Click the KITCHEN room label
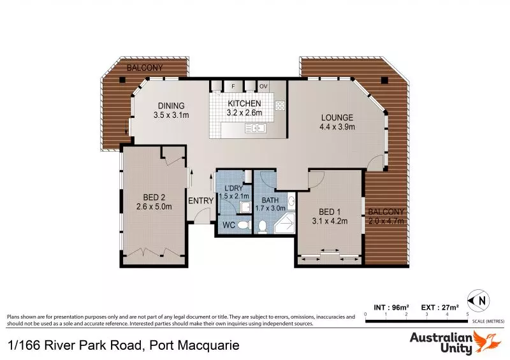245,103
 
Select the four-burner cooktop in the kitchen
279,105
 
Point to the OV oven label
263,85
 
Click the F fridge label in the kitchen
233,85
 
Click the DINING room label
171,106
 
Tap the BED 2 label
150,197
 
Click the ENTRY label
201,201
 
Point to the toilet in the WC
261,225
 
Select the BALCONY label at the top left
144,68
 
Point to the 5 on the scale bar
468,315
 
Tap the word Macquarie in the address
208,346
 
